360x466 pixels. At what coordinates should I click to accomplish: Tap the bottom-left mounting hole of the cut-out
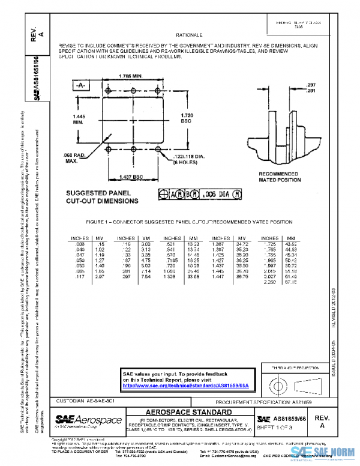click(108, 148)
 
